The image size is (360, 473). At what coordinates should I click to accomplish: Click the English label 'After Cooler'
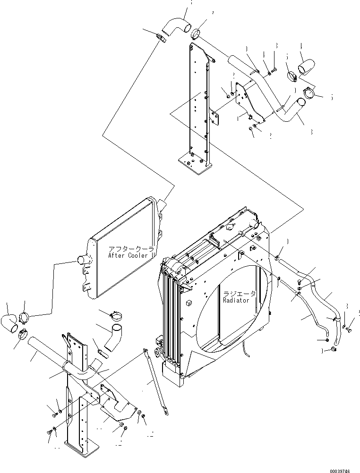[x=131, y=255]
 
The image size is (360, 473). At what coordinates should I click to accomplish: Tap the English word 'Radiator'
[x=239, y=300]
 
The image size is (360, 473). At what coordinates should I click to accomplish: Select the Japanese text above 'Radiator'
[x=240, y=293]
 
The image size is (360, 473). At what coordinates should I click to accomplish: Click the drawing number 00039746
[x=341, y=468]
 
